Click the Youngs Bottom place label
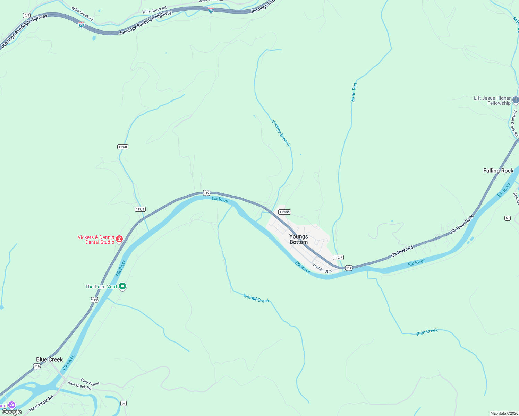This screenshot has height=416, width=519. pyautogui.click(x=298, y=239)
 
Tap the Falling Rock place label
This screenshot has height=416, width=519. pyautogui.click(x=498, y=171)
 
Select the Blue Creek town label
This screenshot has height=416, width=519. pyautogui.click(x=49, y=359)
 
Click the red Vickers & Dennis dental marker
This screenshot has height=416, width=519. pyautogui.click(x=119, y=239)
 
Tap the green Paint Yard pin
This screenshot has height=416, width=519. pyautogui.click(x=122, y=286)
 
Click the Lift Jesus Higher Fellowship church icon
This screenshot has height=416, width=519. pyautogui.click(x=516, y=100)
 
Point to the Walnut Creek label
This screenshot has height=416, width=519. pyautogui.click(x=256, y=298)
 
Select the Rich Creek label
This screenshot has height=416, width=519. pyautogui.click(x=427, y=332)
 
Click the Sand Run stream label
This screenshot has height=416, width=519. pyautogui.click(x=354, y=92)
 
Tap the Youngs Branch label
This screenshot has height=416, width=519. pyautogui.click(x=281, y=133)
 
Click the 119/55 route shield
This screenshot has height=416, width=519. pyautogui.click(x=284, y=212)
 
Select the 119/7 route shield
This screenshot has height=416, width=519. pyautogui.click(x=338, y=257)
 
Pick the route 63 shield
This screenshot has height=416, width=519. pyautogui.click(x=508, y=218)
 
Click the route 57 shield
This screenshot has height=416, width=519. pyautogui.click(x=124, y=403)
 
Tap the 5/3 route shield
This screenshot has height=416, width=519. pyautogui.click(x=27, y=15)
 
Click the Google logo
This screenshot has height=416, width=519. pyautogui.click(x=12, y=412)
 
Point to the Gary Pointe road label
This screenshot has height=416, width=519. pyautogui.click(x=90, y=382)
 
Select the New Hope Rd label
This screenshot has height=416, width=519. pyautogui.click(x=41, y=404)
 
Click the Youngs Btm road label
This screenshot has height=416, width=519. pyautogui.click(x=322, y=268)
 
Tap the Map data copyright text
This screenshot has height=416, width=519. pyautogui.click(x=504, y=413)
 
